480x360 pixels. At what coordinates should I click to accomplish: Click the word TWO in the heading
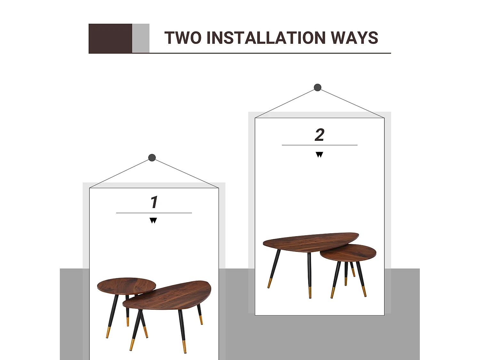point(183,38)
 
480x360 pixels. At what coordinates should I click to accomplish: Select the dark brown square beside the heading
point(110,38)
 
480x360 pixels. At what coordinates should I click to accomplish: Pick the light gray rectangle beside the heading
point(141,38)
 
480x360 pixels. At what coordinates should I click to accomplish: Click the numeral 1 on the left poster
point(154,202)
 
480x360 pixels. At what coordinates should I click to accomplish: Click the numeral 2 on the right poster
point(319,135)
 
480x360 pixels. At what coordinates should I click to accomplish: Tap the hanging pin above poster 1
point(152,157)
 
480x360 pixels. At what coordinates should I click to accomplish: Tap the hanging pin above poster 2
point(317,87)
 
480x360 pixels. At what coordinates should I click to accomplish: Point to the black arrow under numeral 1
point(153,220)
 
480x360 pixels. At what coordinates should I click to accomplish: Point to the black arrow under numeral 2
point(319,155)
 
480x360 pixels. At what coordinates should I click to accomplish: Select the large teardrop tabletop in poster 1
point(167,295)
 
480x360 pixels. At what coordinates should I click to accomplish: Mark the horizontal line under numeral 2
point(319,145)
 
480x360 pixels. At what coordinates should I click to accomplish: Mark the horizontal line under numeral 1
point(154,213)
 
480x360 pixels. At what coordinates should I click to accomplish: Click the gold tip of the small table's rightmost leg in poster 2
point(364,292)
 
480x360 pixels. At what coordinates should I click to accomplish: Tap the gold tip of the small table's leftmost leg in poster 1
point(108,333)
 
